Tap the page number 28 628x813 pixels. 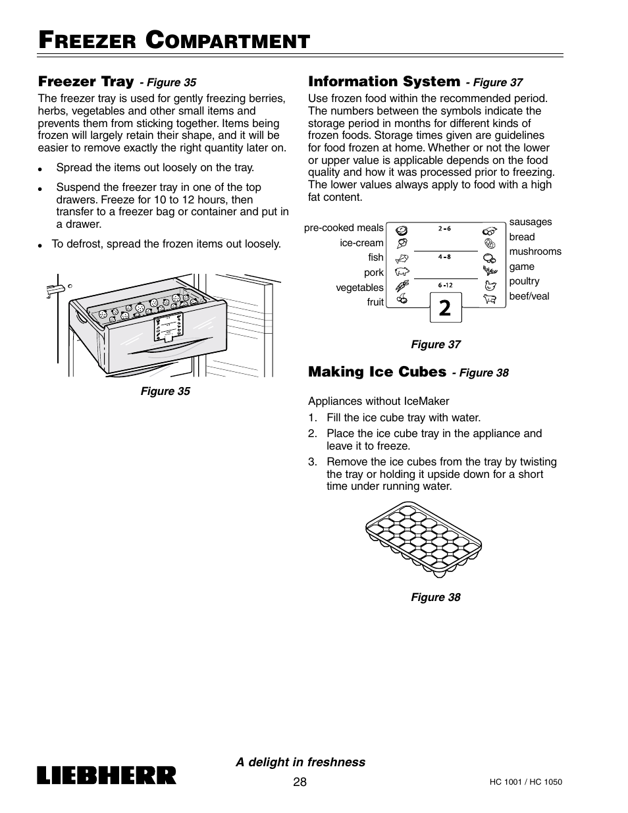point(300,781)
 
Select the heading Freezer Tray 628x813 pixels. point(86,81)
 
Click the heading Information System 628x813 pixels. point(384,81)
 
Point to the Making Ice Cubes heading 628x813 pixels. point(377,371)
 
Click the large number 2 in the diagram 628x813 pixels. point(445,308)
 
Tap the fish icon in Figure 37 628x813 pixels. point(402,258)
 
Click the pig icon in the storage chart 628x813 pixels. point(402,271)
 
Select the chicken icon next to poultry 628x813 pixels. point(490,286)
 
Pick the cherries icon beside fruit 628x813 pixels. point(402,299)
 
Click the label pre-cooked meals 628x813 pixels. point(344,228)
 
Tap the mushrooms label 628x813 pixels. point(535,251)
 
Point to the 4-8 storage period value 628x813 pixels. point(444,257)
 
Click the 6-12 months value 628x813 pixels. point(445,285)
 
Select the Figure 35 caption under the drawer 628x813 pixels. point(165,391)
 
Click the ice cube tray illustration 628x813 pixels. point(423,539)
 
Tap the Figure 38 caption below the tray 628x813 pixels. point(436,597)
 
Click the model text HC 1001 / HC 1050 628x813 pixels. point(525,782)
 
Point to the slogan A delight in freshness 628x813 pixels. point(300,762)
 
